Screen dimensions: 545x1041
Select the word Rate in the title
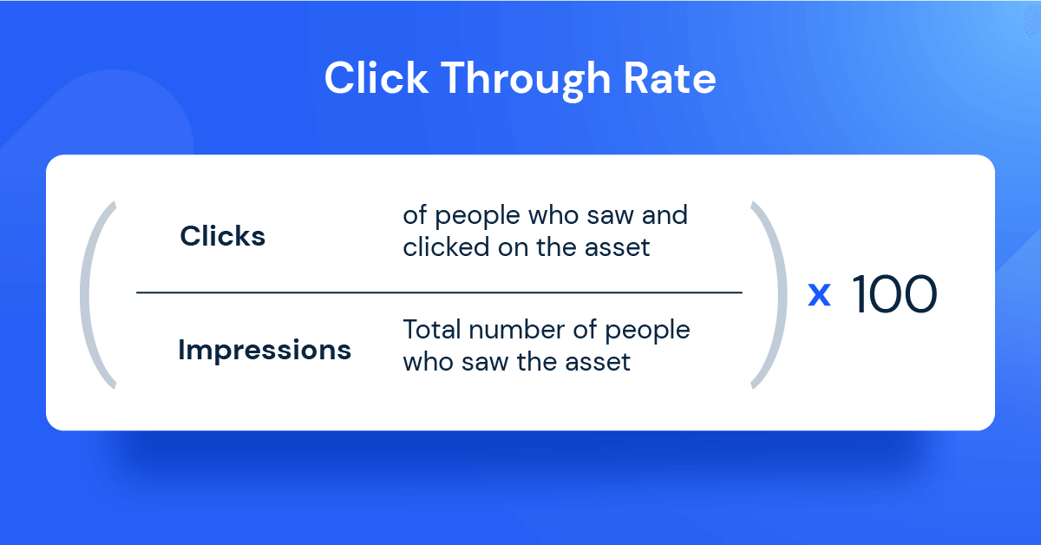(x=670, y=78)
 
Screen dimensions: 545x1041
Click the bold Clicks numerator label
(x=223, y=236)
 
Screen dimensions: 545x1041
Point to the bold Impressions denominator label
(x=265, y=351)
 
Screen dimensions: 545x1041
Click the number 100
(x=894, y=296)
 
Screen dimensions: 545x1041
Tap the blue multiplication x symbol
(x=819, y=296)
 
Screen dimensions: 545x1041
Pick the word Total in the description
(x=431, y=331)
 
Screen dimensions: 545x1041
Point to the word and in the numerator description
(x=664, y=216)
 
